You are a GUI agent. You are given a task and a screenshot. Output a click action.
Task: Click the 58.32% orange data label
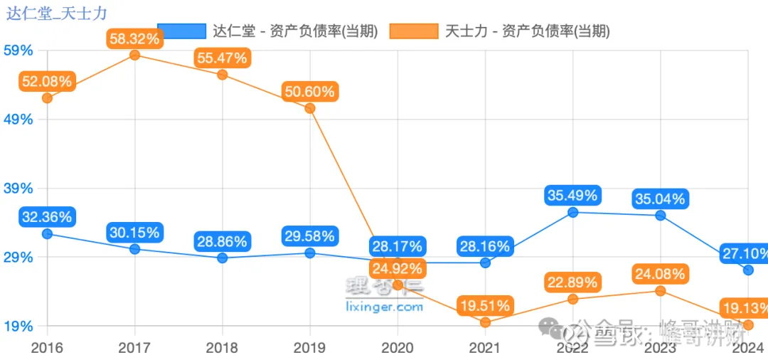click(135, 38)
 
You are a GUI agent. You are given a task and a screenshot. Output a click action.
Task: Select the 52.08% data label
click(47, 81)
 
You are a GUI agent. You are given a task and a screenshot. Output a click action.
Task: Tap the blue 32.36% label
click(47, 217)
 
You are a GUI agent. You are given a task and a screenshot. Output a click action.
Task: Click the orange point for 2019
click(310, 108)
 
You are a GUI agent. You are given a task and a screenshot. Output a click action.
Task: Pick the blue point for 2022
click(572, 212)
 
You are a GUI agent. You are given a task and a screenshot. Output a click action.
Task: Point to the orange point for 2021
click(485, 322)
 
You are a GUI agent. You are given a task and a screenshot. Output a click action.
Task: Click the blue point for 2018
click(223, 258)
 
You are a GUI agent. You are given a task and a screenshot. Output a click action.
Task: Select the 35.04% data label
click(660, 198)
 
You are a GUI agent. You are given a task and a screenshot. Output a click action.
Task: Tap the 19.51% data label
click(485, 306)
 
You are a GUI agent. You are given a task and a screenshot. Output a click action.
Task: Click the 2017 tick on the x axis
click(135, 348)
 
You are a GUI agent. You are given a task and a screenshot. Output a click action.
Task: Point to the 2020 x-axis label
click(398, 348)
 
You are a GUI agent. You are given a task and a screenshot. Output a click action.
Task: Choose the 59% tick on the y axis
click(18, 51)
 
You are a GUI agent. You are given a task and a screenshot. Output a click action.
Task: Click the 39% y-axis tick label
click(18, 189)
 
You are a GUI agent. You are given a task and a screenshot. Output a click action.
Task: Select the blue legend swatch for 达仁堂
click(181, 31)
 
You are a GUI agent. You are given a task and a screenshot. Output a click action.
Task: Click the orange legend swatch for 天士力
click(415, 31)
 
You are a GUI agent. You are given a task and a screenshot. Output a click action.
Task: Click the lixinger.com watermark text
click(384, 307)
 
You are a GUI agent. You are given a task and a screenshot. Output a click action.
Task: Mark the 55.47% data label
click(223, 58)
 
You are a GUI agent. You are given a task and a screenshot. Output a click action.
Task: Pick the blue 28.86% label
click(223, 241)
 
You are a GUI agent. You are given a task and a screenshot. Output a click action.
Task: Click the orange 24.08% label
click(660, 274)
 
